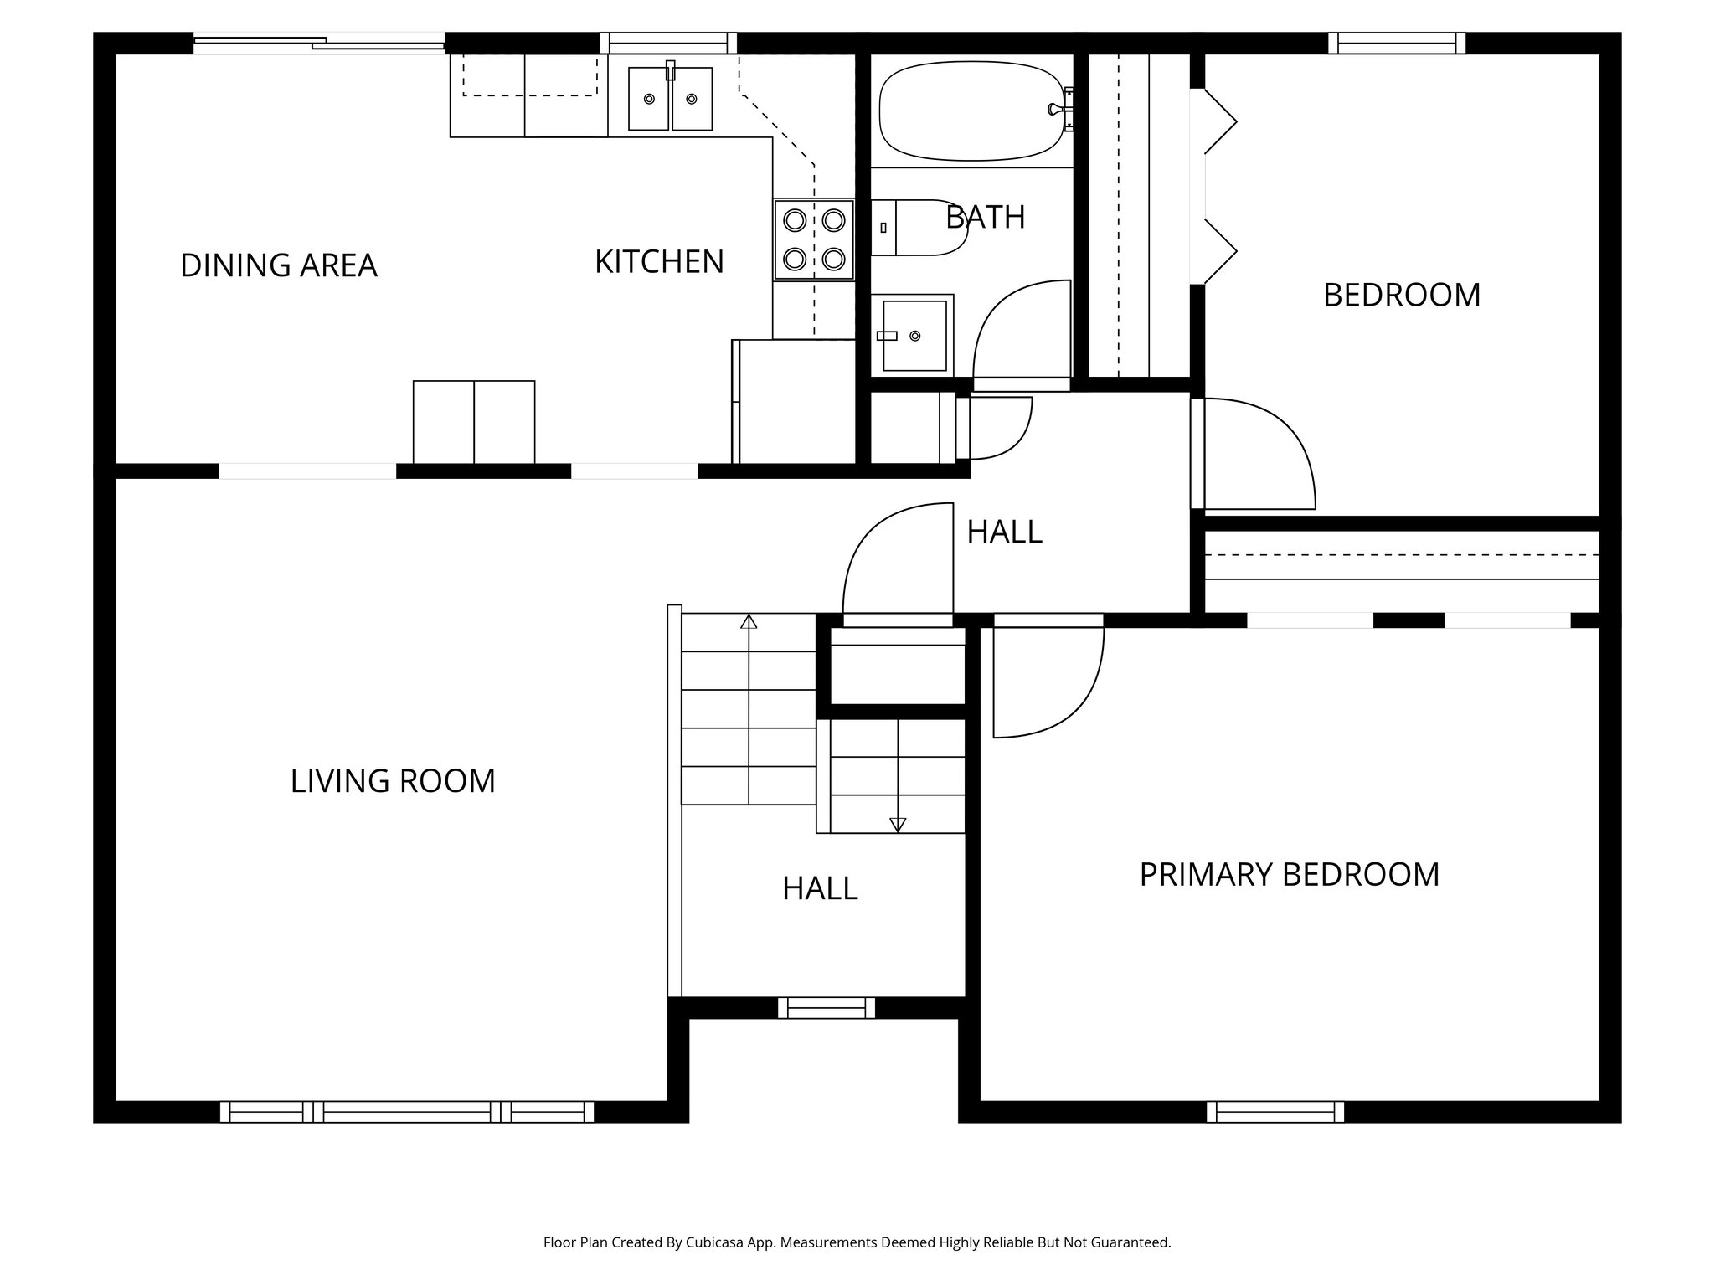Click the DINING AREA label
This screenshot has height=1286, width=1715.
[x=278, y=265]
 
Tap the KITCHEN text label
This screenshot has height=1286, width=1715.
[x=659, y=262]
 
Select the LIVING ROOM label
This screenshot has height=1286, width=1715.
[x=393, y=781]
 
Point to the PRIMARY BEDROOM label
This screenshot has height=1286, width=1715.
[x=1289, y=875]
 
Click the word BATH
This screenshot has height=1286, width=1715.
[x=985, y=218]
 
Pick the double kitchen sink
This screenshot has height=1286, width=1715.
[x=670, y=99]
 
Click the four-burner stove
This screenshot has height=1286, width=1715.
[x=813, y=239]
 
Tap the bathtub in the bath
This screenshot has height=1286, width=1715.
[x=971, y=111]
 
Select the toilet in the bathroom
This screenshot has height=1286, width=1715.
[x=917, y=228]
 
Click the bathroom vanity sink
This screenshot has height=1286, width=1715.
[x=913, y=336]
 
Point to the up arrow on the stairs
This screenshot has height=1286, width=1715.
[x=749, y=622]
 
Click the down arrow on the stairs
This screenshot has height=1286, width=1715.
[x=898, y=825]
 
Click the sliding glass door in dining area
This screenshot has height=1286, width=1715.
[x=318, y=43]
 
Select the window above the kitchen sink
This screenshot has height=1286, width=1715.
[x=667, y=43]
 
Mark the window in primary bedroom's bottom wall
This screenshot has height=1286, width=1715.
[x=1275, y=1112]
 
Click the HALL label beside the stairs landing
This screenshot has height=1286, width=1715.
[x=820, y=889]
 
